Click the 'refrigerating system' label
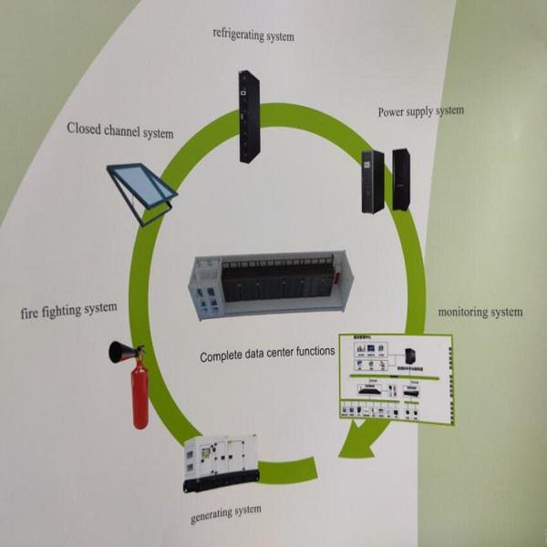tap(253, 35)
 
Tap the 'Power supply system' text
tap(420, 112)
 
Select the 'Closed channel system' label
tap(119, 131)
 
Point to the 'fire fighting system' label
tap(68, 310)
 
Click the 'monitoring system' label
tap(480, 313)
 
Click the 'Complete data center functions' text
tap(267, 351)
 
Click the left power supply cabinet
tap(372, 181)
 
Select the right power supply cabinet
tap(400, 179)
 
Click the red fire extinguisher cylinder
tap(139, 395)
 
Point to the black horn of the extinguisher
tap(120, 353)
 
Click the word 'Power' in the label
tap(393, 113)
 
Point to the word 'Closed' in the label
tap(85, 129)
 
